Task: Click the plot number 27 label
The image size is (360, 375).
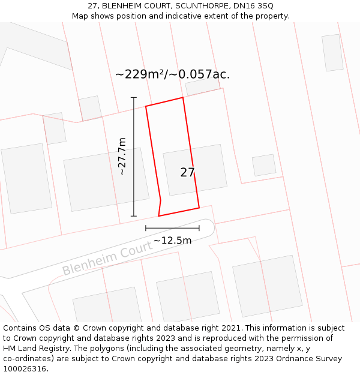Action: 187,172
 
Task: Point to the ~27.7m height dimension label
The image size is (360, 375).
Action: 122,157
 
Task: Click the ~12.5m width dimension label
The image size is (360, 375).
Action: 172,241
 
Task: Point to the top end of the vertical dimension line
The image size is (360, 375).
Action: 134,97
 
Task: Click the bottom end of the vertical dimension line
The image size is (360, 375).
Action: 134,216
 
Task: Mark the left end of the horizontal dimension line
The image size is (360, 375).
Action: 146,228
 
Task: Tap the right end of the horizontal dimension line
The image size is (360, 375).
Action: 199,228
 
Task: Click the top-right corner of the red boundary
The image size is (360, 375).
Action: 182,97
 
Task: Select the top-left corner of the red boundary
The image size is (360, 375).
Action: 146,107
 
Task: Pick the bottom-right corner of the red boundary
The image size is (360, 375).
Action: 199,208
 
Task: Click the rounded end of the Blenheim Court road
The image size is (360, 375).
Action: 207,228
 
